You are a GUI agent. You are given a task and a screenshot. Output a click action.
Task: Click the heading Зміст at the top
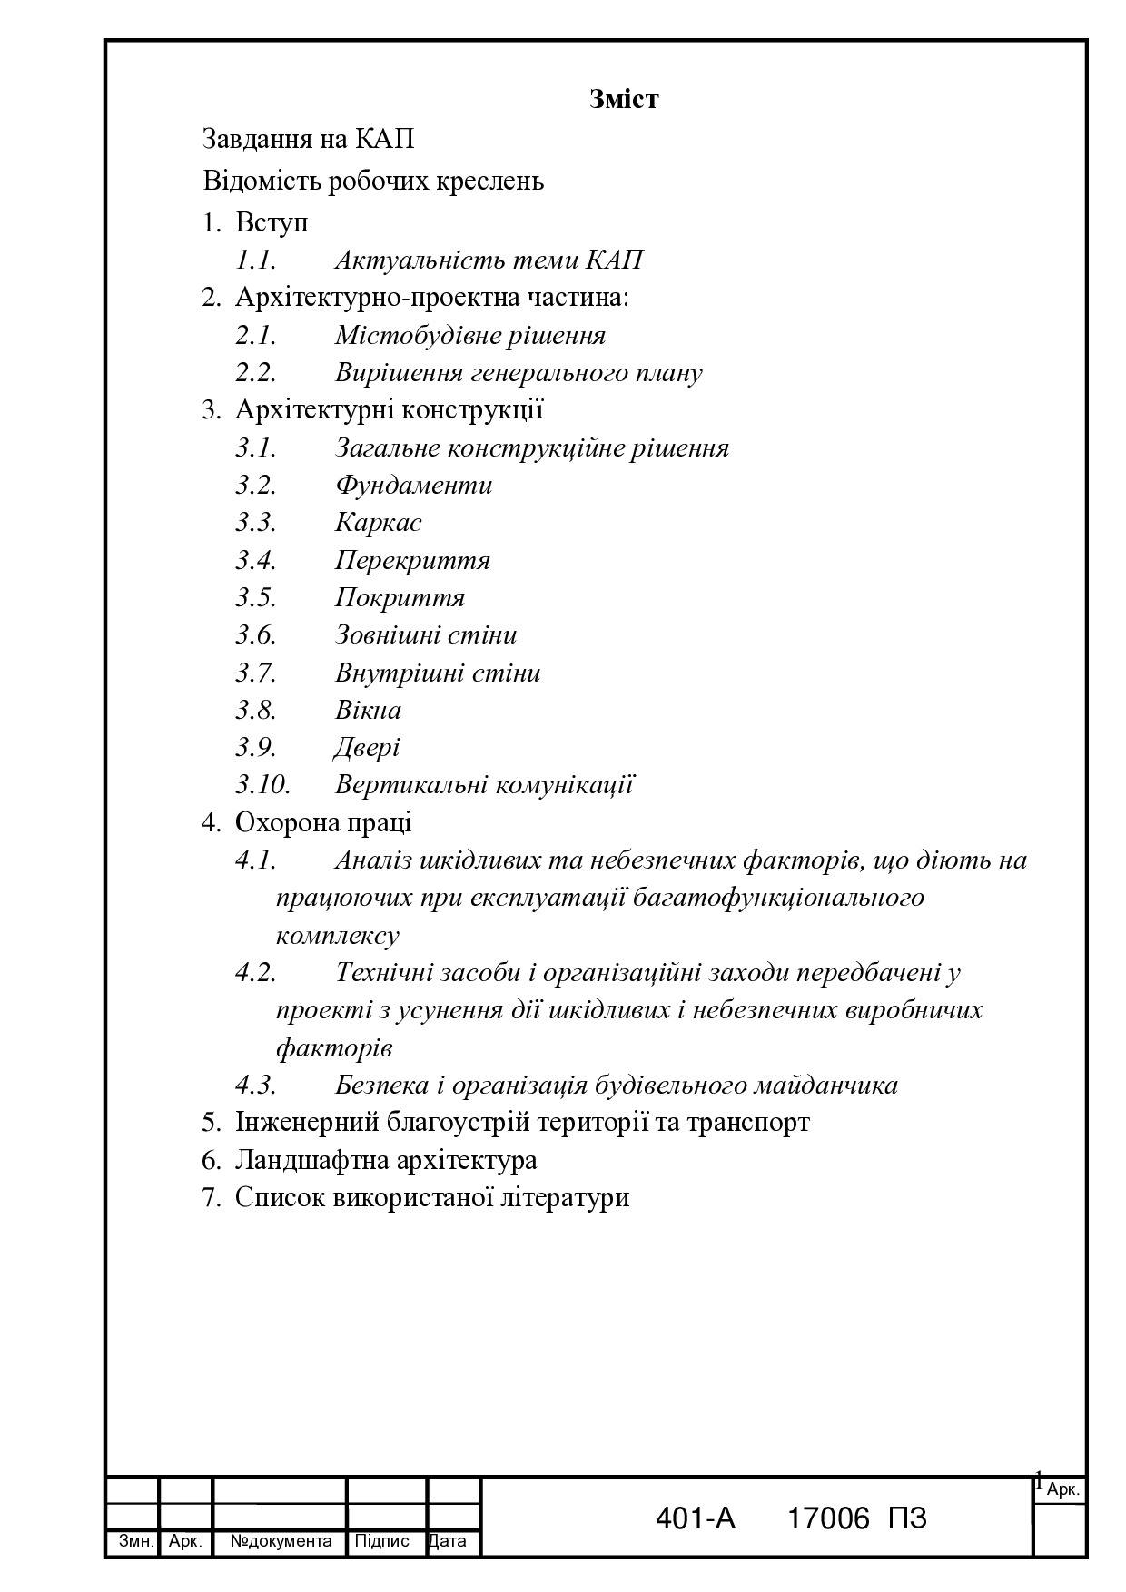point(623,99)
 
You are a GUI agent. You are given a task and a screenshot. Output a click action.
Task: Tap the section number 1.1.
point(256,260)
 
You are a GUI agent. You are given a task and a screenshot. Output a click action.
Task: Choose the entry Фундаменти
point(413,486)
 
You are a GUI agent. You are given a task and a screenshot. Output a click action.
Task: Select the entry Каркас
point(378,523)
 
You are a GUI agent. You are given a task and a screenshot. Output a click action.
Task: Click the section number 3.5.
point(256,598)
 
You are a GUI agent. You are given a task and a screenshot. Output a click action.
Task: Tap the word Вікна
point(368,711)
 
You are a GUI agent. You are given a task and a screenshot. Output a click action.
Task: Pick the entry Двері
point(367,748)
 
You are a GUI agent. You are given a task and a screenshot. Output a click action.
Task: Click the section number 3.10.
point(263,785)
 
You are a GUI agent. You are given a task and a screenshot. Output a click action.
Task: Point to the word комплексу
point(337,936)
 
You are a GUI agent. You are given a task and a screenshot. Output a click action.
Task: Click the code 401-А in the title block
point(695,1518)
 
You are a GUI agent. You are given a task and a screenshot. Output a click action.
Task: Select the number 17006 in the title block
point(828,1518)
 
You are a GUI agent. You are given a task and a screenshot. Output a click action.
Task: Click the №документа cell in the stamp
point(281,1541)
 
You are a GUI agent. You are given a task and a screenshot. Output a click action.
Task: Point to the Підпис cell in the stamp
point(381,1541)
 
